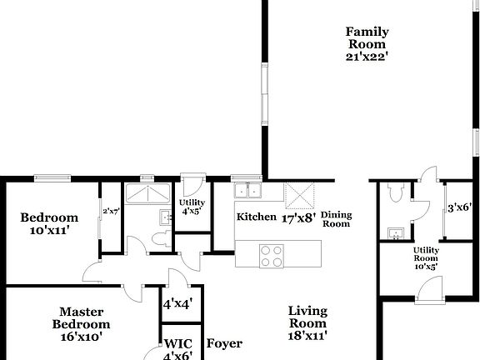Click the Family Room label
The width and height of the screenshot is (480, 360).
coord(367,37)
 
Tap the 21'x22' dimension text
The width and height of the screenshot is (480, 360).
coord(367,57)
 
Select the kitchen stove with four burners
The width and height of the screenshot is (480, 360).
coord(272,255)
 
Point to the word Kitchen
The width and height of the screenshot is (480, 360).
coord(256,217)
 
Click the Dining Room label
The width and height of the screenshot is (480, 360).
coord(337,219)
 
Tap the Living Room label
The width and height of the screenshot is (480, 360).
coord(307,317)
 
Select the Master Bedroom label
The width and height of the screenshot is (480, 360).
coord(81,317)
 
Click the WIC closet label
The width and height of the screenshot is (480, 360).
coord(177,342)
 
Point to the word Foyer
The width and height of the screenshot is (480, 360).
coord(224,343)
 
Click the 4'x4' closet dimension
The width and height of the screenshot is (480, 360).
coord(177,305)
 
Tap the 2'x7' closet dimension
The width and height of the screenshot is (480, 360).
coord(112,212)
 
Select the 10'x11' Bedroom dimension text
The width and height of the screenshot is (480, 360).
coord(49,230)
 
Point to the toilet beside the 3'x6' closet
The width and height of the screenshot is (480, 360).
coord(397,193)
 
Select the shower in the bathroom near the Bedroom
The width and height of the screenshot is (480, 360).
coord(147,193)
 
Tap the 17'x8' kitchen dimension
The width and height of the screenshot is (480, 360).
coord(298,217)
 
